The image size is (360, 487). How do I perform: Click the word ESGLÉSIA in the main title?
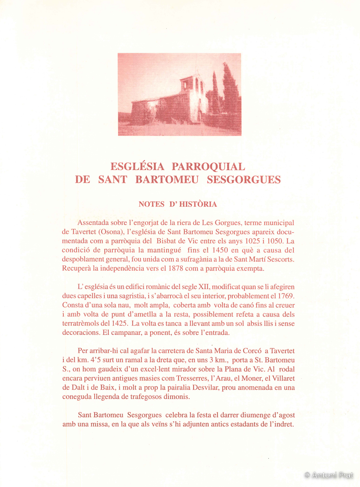coord(138,167)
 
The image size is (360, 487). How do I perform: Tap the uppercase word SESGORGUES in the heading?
coord(244,180)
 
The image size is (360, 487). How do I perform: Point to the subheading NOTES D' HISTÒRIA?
coord(178,204)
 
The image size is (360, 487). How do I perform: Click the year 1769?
coord(285,296)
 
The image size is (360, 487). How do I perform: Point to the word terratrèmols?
coord(81,323)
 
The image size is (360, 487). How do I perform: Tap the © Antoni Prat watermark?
coord(329,474)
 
